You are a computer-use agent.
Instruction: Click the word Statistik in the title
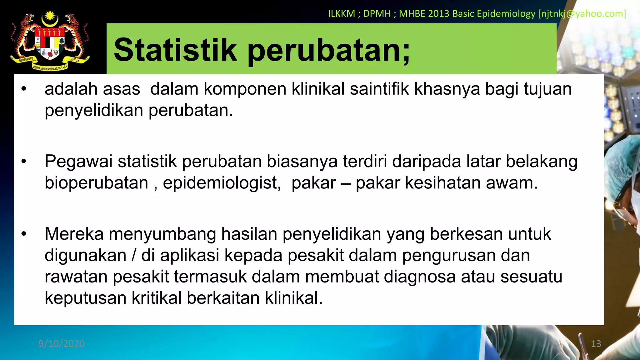tap(175, 50)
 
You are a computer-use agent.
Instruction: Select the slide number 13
tap(596, 344)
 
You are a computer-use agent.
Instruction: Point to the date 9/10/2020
tap(62, 344)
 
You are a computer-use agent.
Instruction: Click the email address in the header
tap(582, 14)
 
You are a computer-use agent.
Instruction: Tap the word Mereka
tap(74, 234)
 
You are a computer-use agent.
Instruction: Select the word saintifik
tap(379, 89)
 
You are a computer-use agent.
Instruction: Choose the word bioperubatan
tap(96, 183)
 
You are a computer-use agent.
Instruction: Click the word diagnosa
tap(420, 277)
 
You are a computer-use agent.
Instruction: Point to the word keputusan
tap(85, 298)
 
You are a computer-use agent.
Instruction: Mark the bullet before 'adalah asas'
tap(24, 89)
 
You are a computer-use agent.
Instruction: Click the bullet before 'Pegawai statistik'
tap(24, 162)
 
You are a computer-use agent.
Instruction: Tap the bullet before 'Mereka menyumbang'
tap(24, 234)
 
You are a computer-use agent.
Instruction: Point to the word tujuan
tap(548, 89)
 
